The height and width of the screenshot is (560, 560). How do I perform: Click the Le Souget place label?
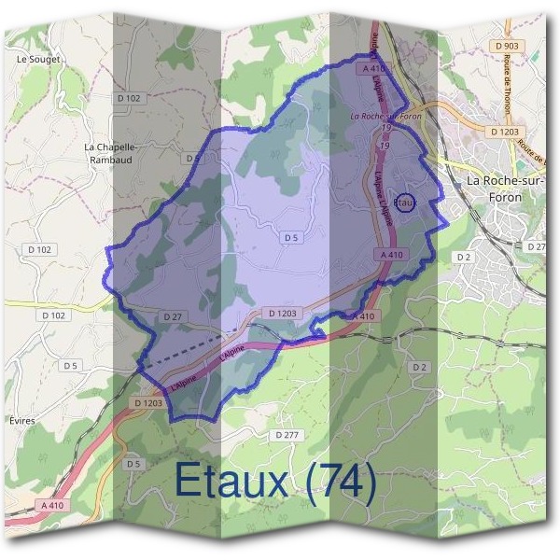pyautogui.click(x=38, y=59)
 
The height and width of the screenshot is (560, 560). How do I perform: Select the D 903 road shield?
pyautogui.click(x=508, y=45)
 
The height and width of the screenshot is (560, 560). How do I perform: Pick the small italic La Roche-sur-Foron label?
pyautogui.click(x=385, y=117)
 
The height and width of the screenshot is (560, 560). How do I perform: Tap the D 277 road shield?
pyautogui.click(x=288, y=435)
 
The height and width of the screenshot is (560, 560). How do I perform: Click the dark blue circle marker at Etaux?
pyautogui.click(x=404, y=203)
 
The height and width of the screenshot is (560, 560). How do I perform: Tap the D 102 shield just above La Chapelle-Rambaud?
pyautogui.click(x=129, y=98)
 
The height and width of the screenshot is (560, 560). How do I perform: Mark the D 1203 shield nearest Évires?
pyautogui.click(x=147, y=402)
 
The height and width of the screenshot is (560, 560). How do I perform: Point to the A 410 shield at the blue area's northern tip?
pyautogui.click(x=372, y=68)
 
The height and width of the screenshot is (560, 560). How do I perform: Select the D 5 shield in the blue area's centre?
pyautogui.click(x=291, y=238)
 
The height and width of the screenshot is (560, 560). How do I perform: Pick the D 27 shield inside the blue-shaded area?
pyautogui.click(x=172, y=316)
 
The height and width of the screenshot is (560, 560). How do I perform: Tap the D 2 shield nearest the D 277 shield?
pyautogui.click(x=419, y=367)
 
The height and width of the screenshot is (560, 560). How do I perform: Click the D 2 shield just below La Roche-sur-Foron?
pyautogui.click(x=462, y=256)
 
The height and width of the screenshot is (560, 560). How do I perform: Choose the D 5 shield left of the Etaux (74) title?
pyautogui.click(x=132, y=464)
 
